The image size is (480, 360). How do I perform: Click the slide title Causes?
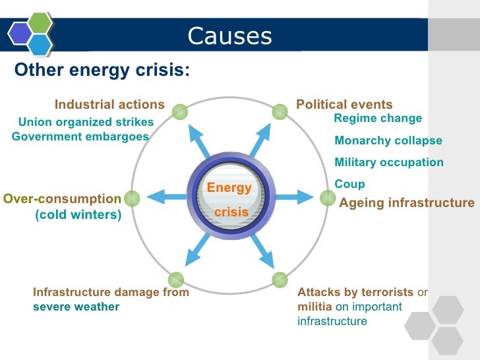click(x=229, y=36)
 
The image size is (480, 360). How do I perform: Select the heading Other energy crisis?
click(x=102, y=71)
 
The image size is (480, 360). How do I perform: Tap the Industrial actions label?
click(x=109, y=105)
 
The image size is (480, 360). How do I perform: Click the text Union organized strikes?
click(x=86, y=122)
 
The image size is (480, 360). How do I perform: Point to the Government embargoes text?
click(x=80, y=136)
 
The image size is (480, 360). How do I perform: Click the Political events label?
click(x=344, y=105)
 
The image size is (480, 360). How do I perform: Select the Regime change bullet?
click(x=378, y=119)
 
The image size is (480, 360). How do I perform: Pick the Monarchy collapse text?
click(x=388, y=141)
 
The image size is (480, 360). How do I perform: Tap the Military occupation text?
click(x=389, y=163)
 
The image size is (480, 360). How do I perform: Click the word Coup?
click(x=349, y=185)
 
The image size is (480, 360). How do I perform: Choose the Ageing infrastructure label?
click(x=406, y=203)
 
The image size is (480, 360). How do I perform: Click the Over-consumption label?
click(x=63, y=198)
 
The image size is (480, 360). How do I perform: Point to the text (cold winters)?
click(x=78, y=215)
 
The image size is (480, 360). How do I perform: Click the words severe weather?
click(x=76, y=307)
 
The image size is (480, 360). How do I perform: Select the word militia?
click(x=315, y=307)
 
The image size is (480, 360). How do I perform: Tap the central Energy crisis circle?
click(x=229, y=196)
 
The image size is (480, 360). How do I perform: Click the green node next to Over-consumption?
click(x=132, y=198)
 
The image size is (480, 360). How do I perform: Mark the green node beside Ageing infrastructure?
click(x=327, y=197)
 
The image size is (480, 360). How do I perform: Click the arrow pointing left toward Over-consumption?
click(x=165, y=196)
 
